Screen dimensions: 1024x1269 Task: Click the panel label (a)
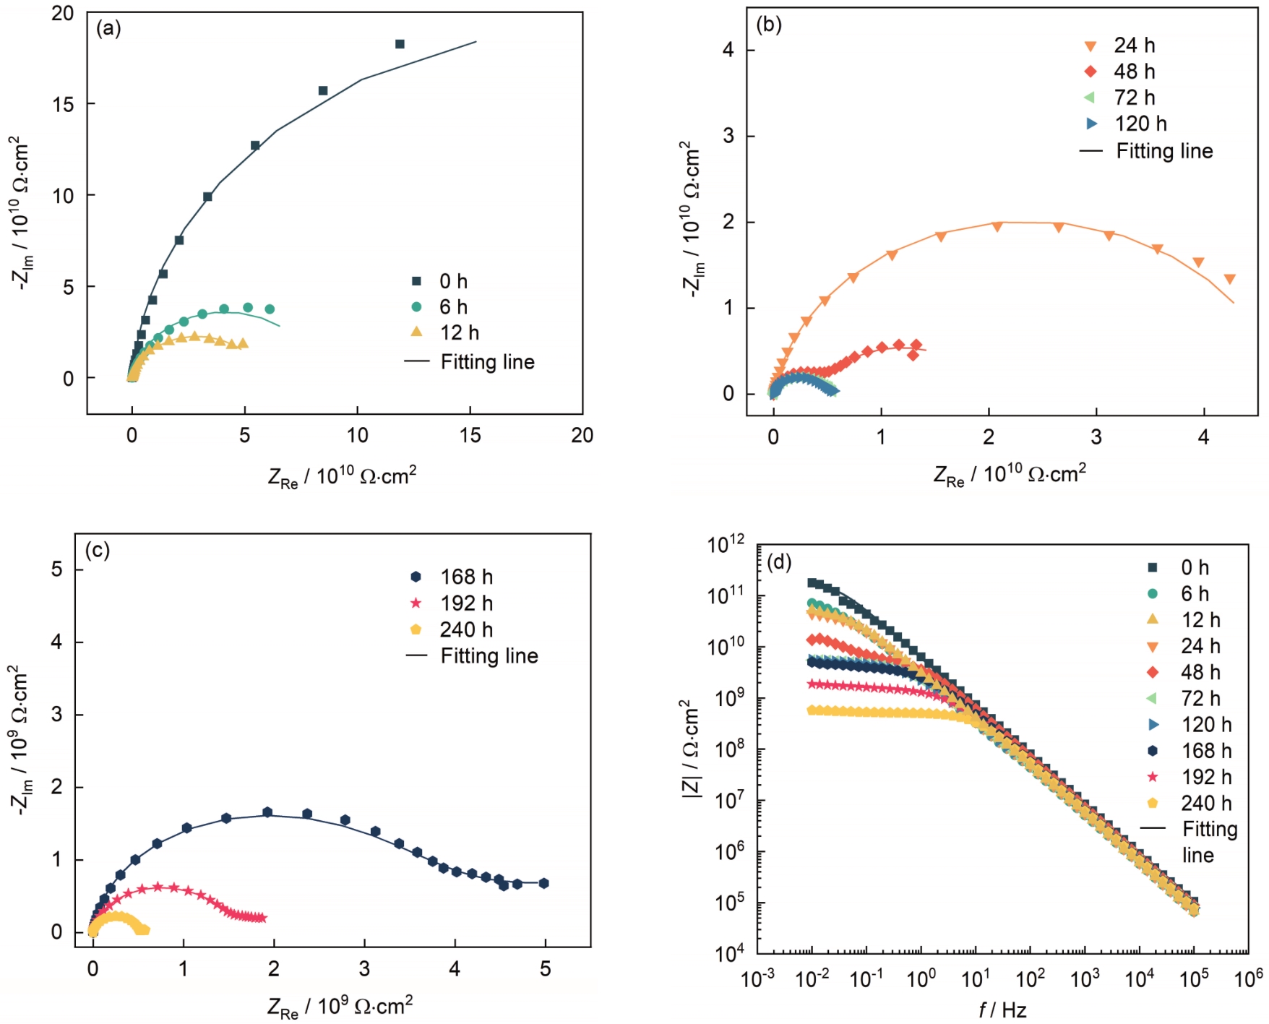108,29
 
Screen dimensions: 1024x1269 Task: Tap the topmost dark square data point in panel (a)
400,44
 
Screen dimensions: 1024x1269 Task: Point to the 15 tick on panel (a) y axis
63,104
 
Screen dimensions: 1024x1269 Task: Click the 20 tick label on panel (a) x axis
582,435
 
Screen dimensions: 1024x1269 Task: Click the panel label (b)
768,25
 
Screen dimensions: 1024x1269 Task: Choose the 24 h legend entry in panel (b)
1134,46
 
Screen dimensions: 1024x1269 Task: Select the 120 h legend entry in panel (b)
1140,124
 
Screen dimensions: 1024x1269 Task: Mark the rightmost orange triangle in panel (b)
1229,279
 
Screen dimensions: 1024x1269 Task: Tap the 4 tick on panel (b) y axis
728,50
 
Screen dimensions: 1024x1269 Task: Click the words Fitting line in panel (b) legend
1164,151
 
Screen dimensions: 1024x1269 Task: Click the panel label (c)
98,551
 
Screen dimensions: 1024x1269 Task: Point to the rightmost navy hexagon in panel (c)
543,883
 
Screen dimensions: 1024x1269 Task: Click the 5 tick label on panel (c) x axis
545,969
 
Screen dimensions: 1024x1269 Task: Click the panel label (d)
779,562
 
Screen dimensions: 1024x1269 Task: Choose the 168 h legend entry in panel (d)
1205,751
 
